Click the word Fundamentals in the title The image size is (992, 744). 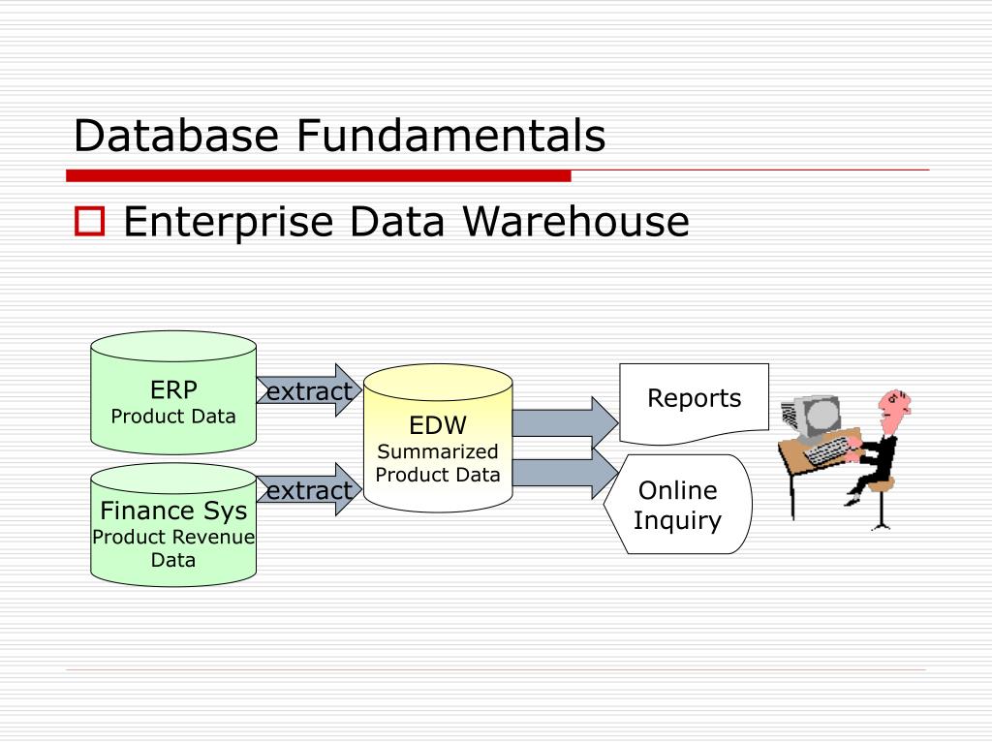point(450,135)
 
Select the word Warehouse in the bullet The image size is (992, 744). point(575,222)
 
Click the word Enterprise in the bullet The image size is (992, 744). point(229,223)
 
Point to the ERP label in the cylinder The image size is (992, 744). point(173,390)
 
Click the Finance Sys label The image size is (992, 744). point(173,510)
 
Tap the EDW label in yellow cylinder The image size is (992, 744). point(438,425)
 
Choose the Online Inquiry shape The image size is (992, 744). point(678,504)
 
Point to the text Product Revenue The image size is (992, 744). point(173,537)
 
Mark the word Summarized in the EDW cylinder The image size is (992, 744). point(438,451)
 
